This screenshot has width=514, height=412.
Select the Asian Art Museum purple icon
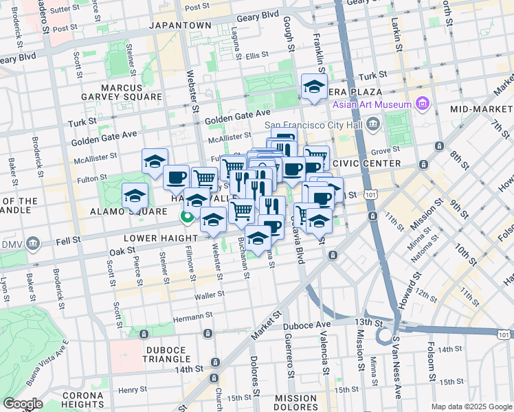pos(422,104)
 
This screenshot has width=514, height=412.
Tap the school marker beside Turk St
pos(313,87)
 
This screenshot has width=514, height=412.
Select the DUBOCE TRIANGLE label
pos(157,354)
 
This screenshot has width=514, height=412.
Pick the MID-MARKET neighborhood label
pos(480,109)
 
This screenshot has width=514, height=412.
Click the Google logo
pos(23,404)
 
